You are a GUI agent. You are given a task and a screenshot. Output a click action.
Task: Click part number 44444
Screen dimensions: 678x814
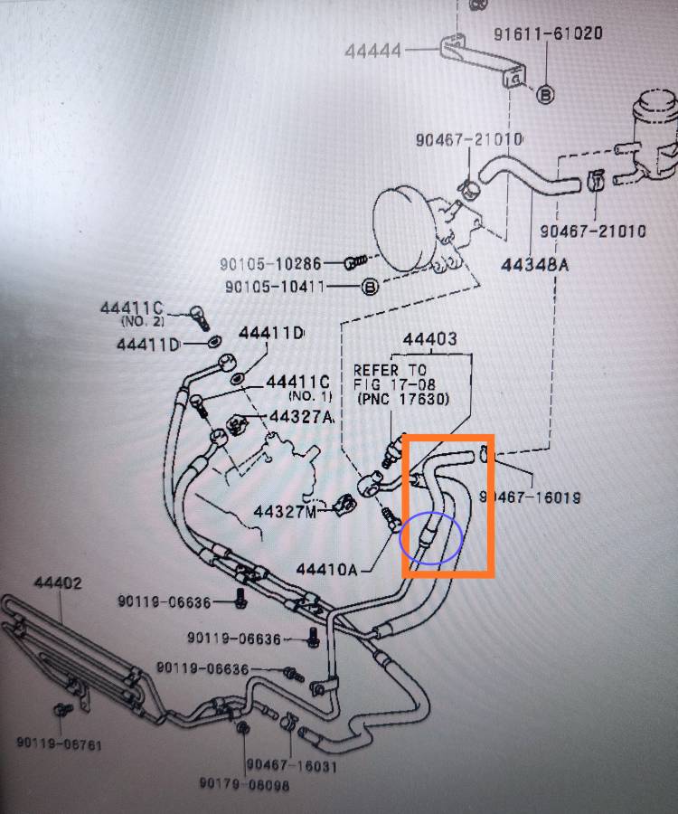pos(372,51)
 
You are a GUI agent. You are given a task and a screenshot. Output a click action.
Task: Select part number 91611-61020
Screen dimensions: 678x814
pos(548,33)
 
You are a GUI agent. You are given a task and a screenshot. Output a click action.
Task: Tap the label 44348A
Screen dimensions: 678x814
pos(534,265)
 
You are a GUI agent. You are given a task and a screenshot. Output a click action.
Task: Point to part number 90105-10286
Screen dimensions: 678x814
pos(270,264)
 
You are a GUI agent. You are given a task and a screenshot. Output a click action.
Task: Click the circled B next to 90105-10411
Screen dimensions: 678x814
pos(370,287)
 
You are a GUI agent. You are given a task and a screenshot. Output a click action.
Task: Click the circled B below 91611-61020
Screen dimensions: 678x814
pos(545,94)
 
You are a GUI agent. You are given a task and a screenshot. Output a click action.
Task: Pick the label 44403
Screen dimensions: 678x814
pos(430,339)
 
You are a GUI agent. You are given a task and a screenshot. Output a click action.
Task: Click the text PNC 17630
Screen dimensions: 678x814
pos(403,399)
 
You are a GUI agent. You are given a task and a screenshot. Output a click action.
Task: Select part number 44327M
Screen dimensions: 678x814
pos(285,512)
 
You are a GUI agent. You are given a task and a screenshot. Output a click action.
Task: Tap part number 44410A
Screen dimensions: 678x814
pos(327,570)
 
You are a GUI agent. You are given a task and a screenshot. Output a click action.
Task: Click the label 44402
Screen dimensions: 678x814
pos(58,582)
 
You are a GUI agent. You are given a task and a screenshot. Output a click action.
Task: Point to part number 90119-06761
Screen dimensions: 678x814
pos(59,743)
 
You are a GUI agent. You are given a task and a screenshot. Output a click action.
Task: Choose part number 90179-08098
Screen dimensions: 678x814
pos(244,783)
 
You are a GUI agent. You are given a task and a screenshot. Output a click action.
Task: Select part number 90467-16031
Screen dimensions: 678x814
pos(291,764)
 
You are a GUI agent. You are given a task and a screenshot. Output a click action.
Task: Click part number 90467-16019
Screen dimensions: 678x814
pos(530,497)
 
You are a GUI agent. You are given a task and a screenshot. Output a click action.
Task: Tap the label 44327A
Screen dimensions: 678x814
pos(301,416)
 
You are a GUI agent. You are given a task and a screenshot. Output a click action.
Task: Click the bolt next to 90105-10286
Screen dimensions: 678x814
pos(355,261)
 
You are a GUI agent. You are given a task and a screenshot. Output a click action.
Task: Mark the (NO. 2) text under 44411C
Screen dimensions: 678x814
pos(143,321)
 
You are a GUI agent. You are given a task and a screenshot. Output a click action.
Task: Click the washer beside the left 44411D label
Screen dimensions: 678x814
pos(213,342)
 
